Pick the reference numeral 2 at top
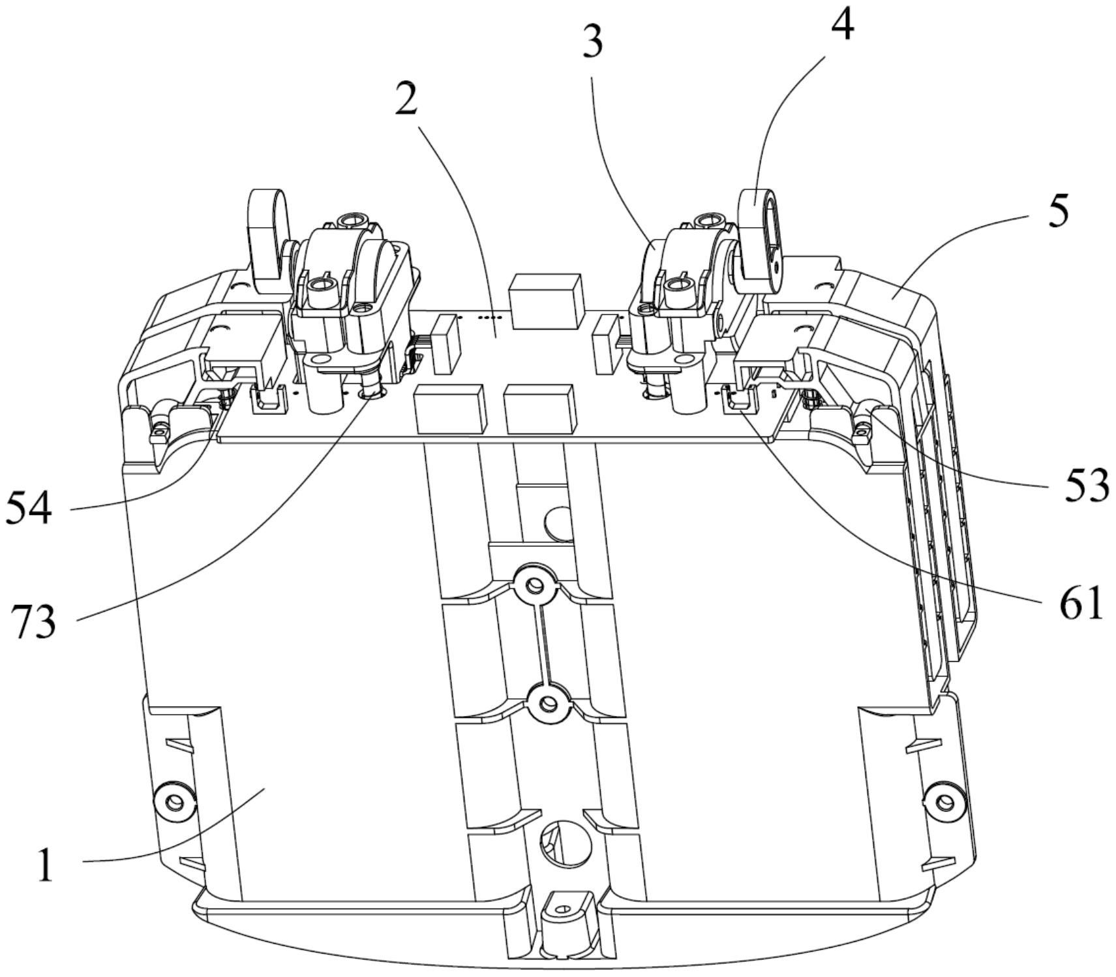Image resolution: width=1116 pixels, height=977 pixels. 406,100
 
